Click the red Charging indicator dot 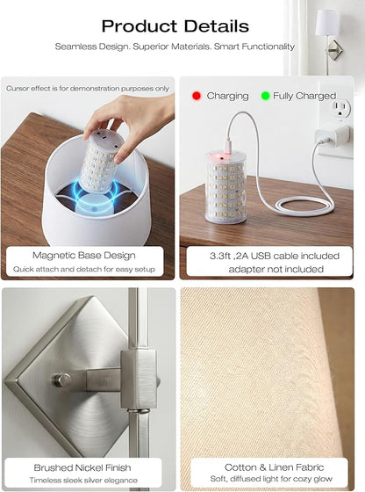197,96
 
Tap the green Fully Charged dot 265,96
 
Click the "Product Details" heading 175,26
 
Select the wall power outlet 340,109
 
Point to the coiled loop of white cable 304,206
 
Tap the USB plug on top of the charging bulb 229,145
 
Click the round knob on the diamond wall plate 61,380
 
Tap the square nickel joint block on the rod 139,380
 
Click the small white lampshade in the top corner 326,22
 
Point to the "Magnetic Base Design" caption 84,256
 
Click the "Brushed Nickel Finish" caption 82,467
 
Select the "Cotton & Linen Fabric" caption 274,467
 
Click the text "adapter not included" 276,269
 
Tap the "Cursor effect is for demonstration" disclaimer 88,89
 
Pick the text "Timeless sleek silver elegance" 83,481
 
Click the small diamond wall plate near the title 334,50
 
